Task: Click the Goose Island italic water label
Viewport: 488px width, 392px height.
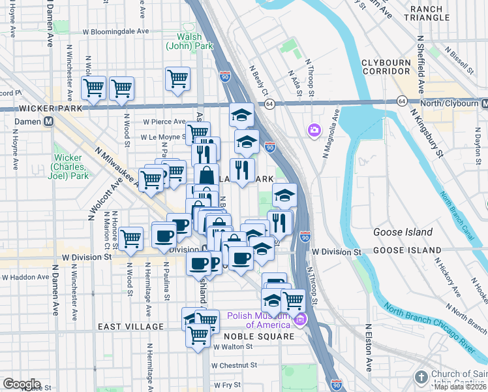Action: tap(403, 232)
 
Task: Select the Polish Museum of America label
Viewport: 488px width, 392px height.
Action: tap(258, 320)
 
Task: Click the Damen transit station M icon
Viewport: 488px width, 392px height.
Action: tap(48, 122)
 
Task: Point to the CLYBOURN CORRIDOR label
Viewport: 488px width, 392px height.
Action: tap(394, 67)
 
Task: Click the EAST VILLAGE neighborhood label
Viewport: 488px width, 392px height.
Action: tap(131, 327)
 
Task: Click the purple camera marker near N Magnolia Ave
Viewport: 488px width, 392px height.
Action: tap(314, 131)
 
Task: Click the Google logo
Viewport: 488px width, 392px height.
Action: tap(22, 384)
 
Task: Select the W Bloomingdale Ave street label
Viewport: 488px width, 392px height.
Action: tap(116, 31)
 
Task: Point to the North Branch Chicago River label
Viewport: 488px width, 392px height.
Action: tap(431, 327)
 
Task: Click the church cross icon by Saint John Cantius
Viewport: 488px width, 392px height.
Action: tap(421, 377)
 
